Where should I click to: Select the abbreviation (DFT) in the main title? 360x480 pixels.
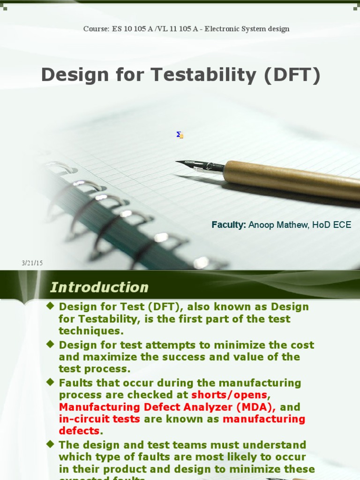(292, 75)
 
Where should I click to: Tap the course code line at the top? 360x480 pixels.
(186, 29)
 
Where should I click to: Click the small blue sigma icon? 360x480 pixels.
(180, 135)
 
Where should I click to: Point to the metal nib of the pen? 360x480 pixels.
(192, 165)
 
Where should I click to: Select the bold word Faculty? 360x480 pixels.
(229, 225)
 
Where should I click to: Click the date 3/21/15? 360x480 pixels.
(32, 263)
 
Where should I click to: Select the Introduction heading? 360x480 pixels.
(99, 287)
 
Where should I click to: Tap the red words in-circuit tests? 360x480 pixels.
(99, 419)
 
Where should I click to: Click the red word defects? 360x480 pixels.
(79, 431)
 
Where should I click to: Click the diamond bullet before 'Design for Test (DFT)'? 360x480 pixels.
(50, 306)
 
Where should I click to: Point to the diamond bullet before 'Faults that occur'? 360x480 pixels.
(50, 382)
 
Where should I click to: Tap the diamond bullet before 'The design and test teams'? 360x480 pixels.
(50, 443)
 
